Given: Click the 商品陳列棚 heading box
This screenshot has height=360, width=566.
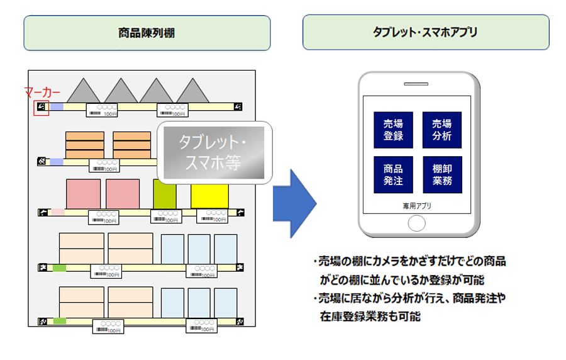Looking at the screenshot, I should pyautogui.click(x=147, y=33).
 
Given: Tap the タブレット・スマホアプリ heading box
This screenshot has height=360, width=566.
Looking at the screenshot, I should pyautogui.click(x=425, y=33).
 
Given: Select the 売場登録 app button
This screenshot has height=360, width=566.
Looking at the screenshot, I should pyautogui.click(x=393, y=130).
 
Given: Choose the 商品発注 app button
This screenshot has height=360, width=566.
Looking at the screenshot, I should pyautogui.click(x=393, y=174).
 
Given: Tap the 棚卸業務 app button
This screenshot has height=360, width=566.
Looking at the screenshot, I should pyautogui.click(x=442, y=174).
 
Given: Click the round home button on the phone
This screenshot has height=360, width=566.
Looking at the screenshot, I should pyautogui.click(x=417, y=223).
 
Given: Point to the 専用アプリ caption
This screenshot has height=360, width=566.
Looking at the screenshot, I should pyautogui.click(x=417, y=206).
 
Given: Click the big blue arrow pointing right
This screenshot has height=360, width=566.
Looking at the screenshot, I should pyautogui.click(x=294, y=203).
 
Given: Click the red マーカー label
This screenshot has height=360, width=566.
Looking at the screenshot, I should pyautogui.click(x=43, y=93).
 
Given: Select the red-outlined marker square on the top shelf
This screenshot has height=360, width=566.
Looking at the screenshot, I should pyautogui.click(x=41, y=108).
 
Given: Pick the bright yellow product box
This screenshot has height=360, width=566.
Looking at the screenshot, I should pyautogui.click(x=209, y=196).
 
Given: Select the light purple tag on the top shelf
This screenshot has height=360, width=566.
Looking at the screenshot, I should pyautogui.click(x=57, y=107).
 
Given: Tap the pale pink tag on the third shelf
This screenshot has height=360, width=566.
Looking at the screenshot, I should pyautogui.click(x=58, y=213).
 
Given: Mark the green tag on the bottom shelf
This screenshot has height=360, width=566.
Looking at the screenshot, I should pyautogui.click(x=60, y=321).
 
